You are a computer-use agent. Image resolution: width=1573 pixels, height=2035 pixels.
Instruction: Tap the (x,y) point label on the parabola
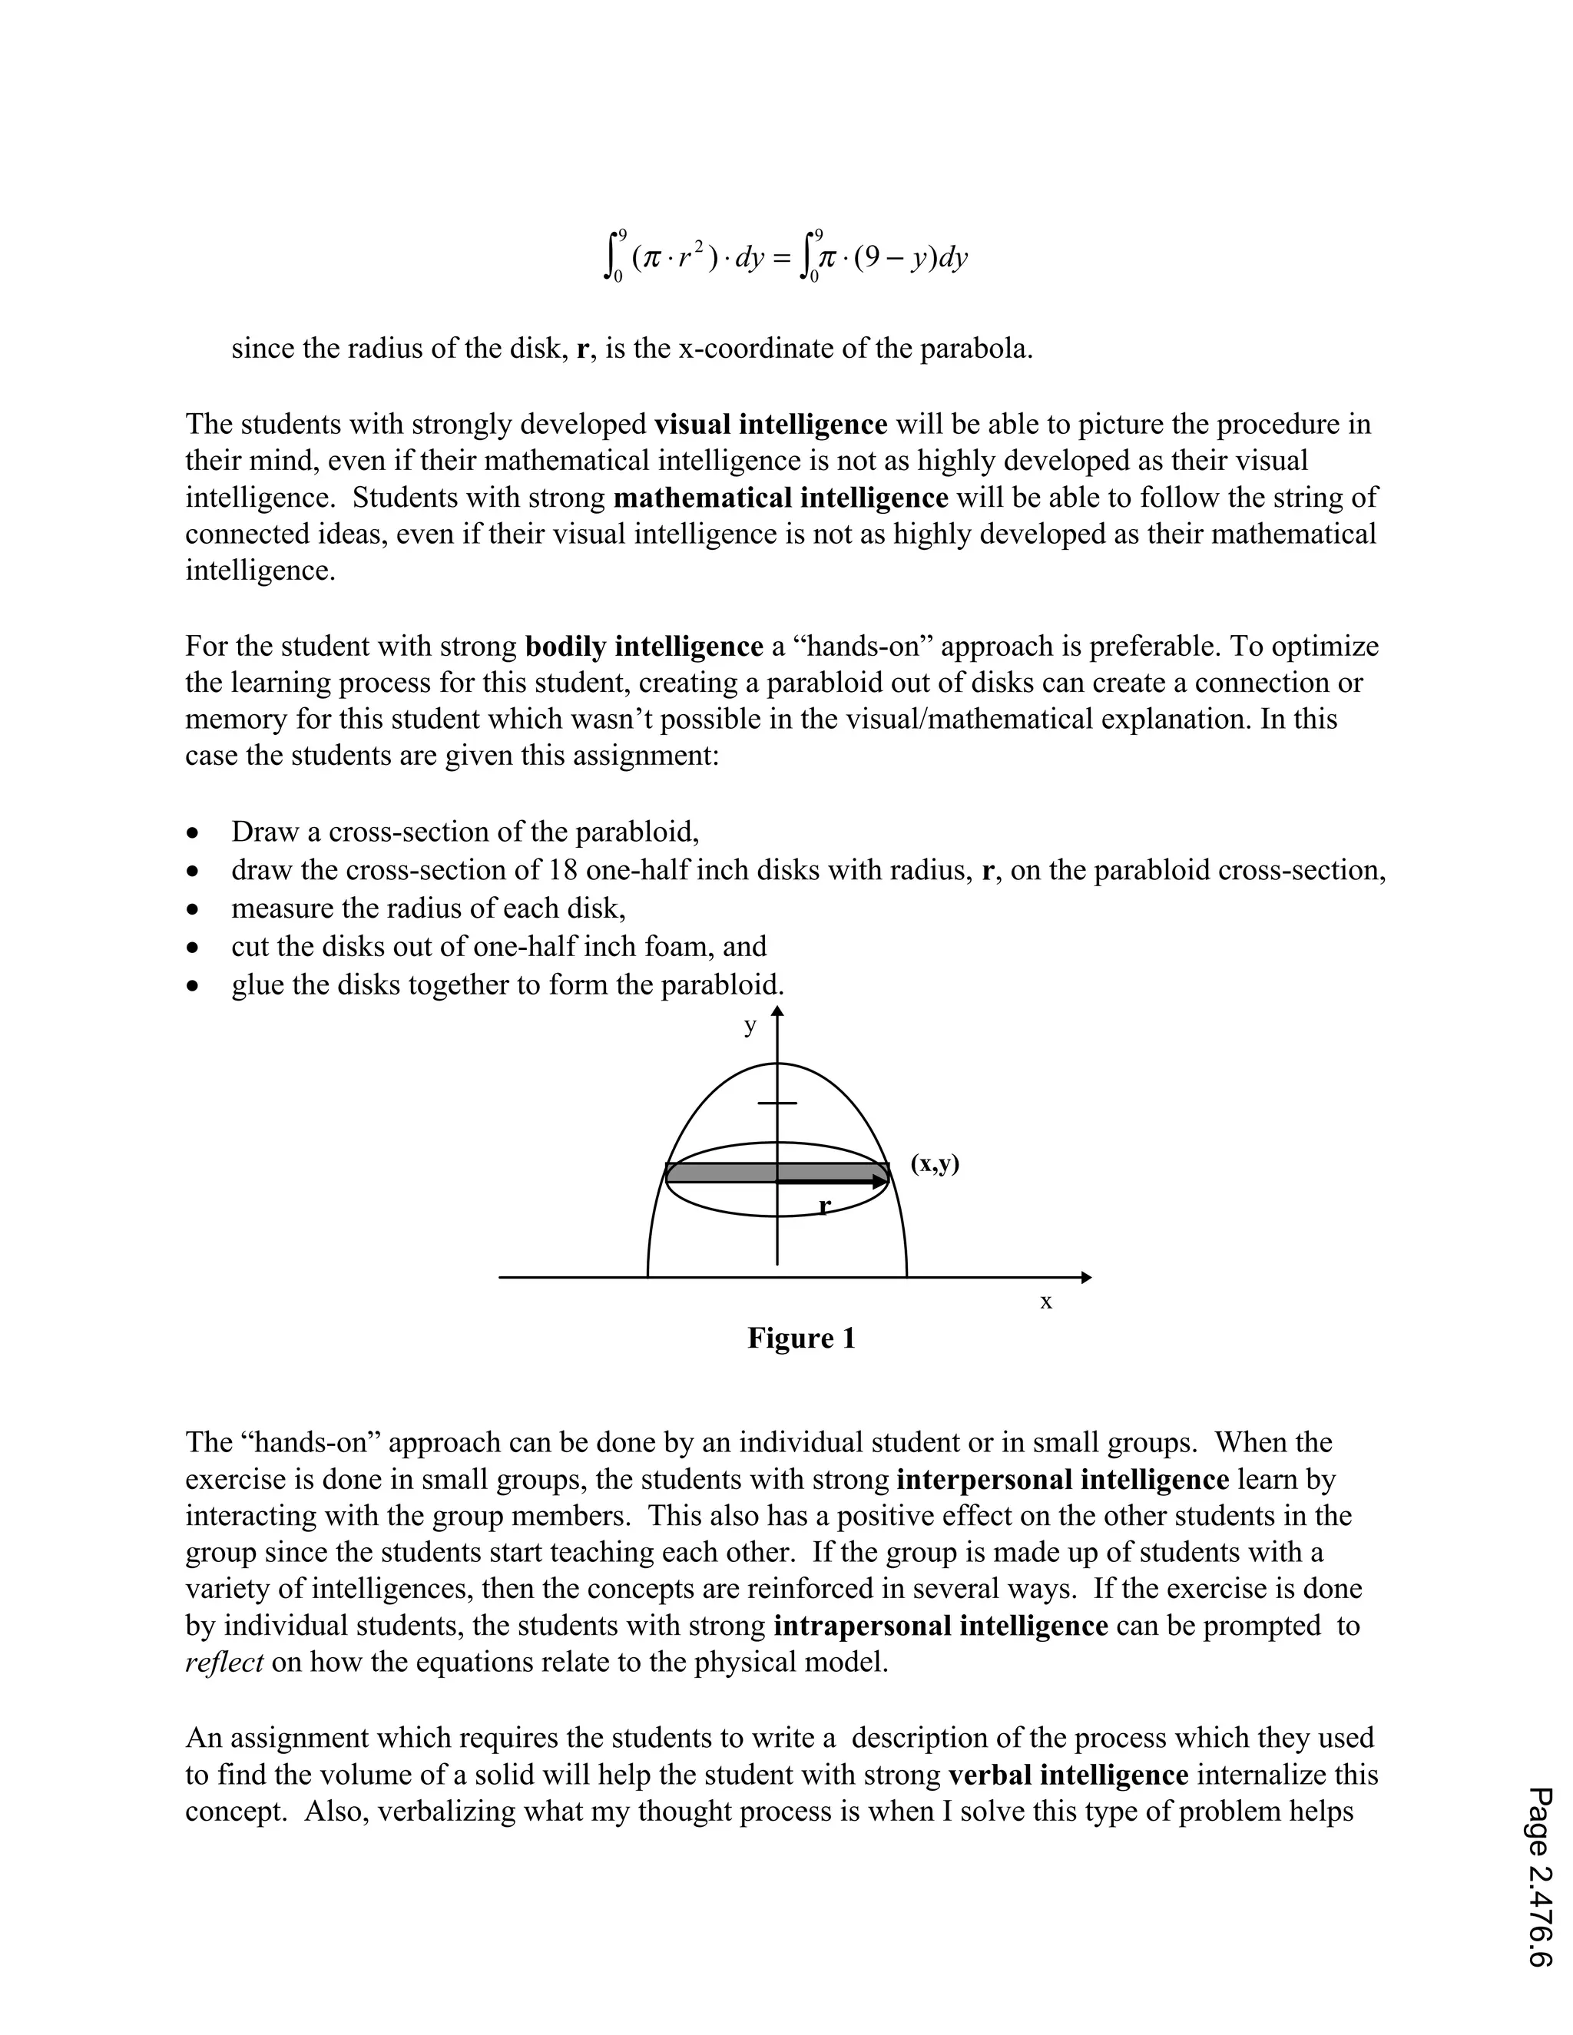click(935, 1163)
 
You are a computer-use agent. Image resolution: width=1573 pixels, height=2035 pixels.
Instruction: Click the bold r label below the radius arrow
click(824, 1206)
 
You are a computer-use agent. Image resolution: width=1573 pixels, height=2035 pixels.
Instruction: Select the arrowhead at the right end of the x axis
click(1085, 1278)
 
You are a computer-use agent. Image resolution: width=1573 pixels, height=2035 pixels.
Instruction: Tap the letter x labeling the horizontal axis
click(1045, 1302)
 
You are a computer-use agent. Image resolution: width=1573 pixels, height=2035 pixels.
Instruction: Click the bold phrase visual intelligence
click(770, 425)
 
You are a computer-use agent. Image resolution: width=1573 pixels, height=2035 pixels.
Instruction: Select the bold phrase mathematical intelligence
click(781, 498)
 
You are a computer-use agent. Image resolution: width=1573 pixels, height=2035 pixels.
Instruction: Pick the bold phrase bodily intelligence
click(644, 647)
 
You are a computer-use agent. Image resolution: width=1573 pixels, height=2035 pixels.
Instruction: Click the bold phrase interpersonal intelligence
click(1062, 1480)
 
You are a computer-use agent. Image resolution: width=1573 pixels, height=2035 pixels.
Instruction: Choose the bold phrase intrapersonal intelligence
click(940, 1626)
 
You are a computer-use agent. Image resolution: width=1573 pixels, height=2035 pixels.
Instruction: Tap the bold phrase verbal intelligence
click(1068, 1775)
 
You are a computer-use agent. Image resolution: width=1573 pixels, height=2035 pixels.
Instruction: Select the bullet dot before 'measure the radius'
click(193, 908)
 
